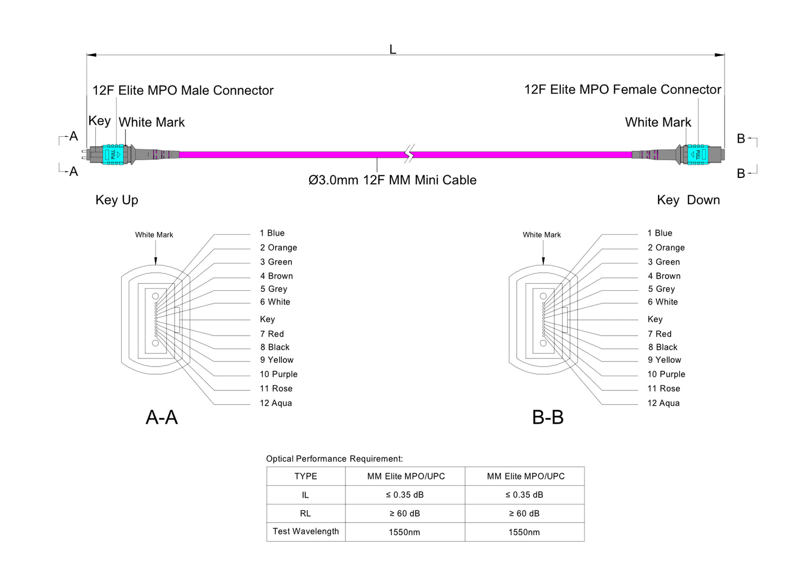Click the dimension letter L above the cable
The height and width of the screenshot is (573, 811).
pos(393,50)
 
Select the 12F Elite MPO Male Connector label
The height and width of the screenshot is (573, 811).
pos(183,90)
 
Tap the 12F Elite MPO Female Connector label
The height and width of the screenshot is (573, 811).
pos(622,90)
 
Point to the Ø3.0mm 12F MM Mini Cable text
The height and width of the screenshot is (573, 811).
pos(393,180)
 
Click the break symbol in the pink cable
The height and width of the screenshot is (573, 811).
pos(410,154)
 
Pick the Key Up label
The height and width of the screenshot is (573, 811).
pos(117,200)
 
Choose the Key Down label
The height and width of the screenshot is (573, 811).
pos(688,200)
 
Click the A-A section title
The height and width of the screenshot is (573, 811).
pos(162,417)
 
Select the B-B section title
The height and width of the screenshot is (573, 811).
pos(548,417)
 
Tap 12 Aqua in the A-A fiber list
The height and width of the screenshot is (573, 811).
pos(276,403)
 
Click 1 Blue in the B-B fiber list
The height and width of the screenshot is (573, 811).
pos(660,233)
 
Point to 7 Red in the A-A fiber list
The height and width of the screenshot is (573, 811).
pos(272,334)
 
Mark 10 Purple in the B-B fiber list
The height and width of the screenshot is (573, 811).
pos(666,374)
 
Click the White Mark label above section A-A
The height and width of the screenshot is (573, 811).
pos(154,235)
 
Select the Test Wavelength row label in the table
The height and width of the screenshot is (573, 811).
pos(305,531)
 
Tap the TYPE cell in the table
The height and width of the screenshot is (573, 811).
pos(305,476)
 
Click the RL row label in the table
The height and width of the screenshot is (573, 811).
pos(305,514)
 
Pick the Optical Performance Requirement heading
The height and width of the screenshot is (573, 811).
pos(334,459)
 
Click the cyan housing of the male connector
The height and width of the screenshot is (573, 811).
pos(112,155)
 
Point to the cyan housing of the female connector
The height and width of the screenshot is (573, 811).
pos(697,155)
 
